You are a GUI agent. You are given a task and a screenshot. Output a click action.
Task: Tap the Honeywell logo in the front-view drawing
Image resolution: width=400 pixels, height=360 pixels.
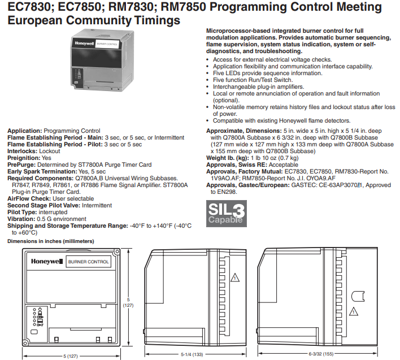pyautogui.click(x=46, y=262)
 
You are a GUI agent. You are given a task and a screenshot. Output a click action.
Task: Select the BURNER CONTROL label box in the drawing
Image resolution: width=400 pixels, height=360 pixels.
pyautogui.click(x=89, y=262)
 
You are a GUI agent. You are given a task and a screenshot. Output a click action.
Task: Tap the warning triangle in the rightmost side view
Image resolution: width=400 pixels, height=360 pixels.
pyautogui.click(x=353, y=310)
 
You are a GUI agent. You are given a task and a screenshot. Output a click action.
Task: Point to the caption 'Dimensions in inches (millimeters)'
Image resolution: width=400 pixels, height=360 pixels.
pyautogui.click(x=50, y=241)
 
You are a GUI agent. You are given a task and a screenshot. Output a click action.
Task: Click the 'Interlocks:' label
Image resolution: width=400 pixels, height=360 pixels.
pyautogui.click(x=22, y=151)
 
